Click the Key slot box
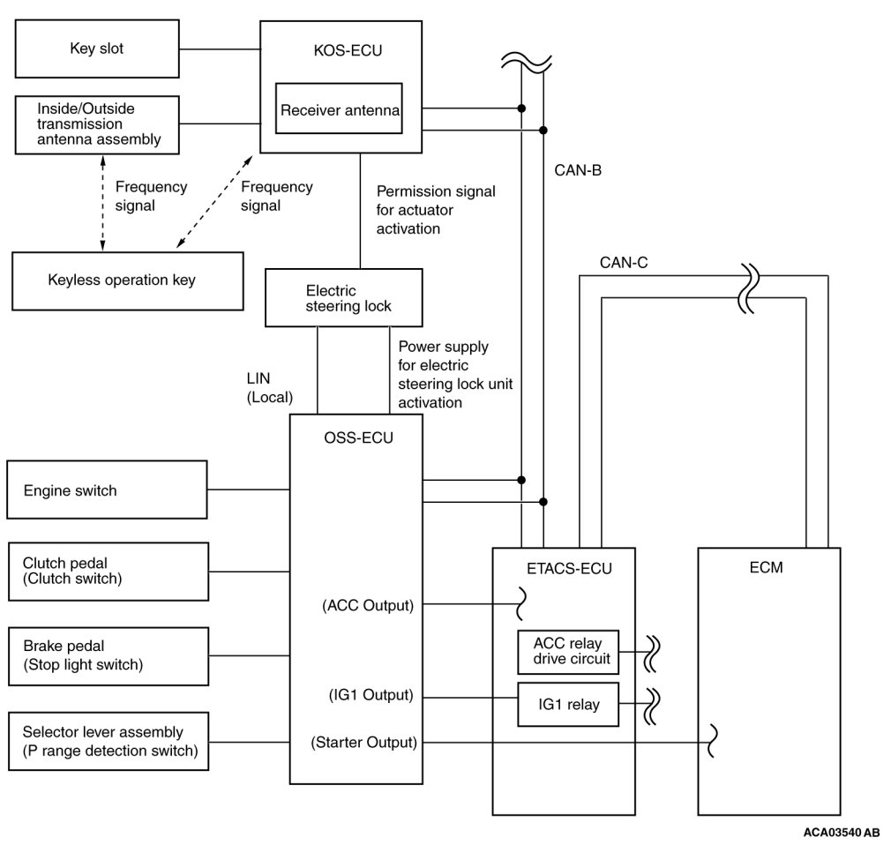coord(97,49)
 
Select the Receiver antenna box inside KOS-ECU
coord(340,108)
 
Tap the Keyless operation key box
coord(128,281)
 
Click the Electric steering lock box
coord(344,298)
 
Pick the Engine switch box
coord(107,490)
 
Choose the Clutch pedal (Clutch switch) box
coord(109,572)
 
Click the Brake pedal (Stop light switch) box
coord(109,656)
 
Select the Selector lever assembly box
coord(109,742)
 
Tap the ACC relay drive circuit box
coord(568,652)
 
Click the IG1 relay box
coord(568,705)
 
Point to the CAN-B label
coord(578,170)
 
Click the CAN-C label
coord(624,263)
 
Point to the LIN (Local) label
coord(270,387)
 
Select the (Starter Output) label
coord(363,743)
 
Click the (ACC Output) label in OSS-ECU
coord(368,606)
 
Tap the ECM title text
coord(766,568)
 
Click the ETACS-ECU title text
coord(569,569)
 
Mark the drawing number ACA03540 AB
coord(842,833)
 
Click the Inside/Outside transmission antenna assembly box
coord(97,125)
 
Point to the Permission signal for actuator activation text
coord(436,210)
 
